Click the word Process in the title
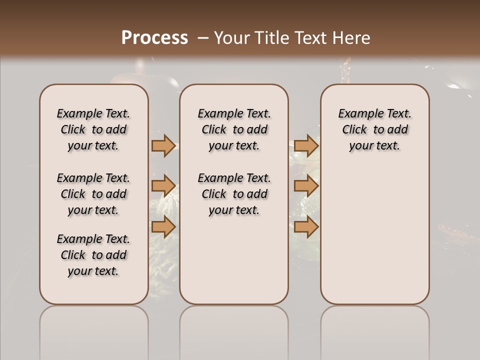pos(154,38)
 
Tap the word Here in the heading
pos(351,38)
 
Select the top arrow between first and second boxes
pos(163,146)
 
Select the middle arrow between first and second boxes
pos(163,186)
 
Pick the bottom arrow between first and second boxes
pos(163,227)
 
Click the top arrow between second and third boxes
pos(306,146)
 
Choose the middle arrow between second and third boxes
pos(306,186)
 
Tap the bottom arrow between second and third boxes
pos(306,227)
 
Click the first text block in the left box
pos(93,130)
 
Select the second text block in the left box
pos(93,194)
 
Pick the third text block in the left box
pos(93,255)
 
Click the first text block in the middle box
pos(234,130)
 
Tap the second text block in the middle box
pos(234,194)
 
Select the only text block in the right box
pos(375,130)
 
